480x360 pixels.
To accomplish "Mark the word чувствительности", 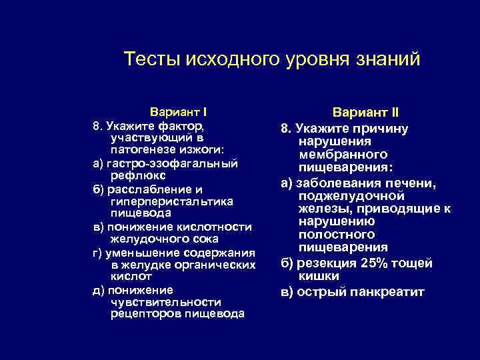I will (166, 302).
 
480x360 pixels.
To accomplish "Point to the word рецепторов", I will (141, 314).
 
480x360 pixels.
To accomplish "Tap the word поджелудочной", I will (352, 195).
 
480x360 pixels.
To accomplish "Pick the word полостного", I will (337, 235).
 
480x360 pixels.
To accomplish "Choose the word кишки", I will (319, 275).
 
